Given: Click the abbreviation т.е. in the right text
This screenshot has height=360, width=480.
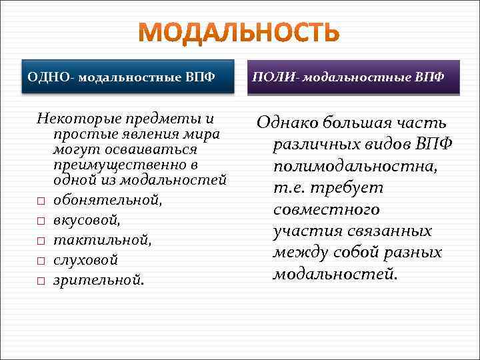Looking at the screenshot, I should point(289,188).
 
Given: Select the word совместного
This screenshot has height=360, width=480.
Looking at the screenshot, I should point(327,209).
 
